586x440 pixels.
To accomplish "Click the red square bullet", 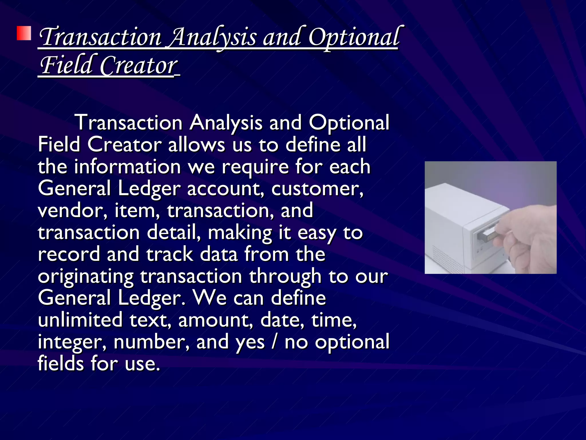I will coord(24,34).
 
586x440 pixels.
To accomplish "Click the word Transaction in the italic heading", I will coord(100,37).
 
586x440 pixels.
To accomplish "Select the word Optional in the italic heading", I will coord(354,37).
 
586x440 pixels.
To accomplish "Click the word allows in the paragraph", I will coord(196,144).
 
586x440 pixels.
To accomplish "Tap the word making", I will coord(240,233).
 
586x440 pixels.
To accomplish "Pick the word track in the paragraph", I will coord(170,254).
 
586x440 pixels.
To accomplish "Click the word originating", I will coord(86,277).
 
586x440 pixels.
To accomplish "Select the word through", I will coord(285,277).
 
